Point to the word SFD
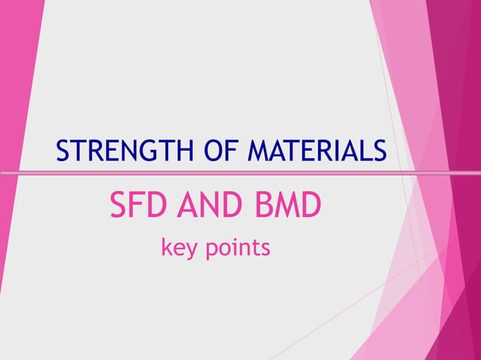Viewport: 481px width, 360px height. tap(137, 206)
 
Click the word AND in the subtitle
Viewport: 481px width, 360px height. tap(207, 206)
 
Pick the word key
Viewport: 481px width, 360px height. tap(178, 247)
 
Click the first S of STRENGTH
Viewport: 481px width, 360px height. tap(63, 151)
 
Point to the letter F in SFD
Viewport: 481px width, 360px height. tap(137, 206)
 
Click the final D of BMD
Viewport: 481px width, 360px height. tap(311, 206)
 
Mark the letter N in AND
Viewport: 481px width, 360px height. tap(207, 206)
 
